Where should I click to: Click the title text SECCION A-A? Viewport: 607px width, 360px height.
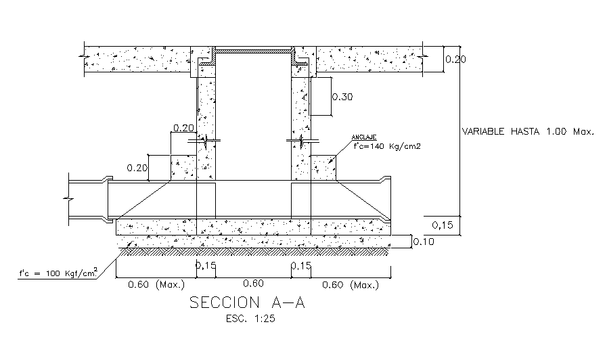(x=247, y=302)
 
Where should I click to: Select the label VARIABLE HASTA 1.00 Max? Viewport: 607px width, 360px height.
(x=527, y=132)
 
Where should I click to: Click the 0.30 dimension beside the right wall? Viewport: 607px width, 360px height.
(x=342, y=97)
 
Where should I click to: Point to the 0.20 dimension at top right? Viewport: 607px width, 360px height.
(x=456, y=60)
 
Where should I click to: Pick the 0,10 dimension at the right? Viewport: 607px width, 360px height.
(x=425, y=242)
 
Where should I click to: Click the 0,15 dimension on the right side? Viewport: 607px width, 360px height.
(x=443, y=225)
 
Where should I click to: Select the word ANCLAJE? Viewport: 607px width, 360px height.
(x=363, y=137)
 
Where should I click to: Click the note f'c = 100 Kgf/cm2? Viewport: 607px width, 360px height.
(x=58, y=273)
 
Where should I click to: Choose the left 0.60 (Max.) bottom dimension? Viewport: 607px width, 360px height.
(x=152, y=285)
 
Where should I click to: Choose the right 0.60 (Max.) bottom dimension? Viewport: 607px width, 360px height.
(x=350, y=285)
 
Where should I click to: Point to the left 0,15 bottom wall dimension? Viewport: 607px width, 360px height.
(x=206, y=266)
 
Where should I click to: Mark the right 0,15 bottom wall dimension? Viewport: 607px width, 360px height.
(x=301, y=266)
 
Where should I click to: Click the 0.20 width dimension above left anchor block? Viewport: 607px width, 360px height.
(x=183, y=127)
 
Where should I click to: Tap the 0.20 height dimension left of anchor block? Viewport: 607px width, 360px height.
(x=137, y=168)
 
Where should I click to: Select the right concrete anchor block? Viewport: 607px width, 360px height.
(x=323, y=167)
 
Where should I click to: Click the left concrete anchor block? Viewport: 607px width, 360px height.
(x=183, y=167)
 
